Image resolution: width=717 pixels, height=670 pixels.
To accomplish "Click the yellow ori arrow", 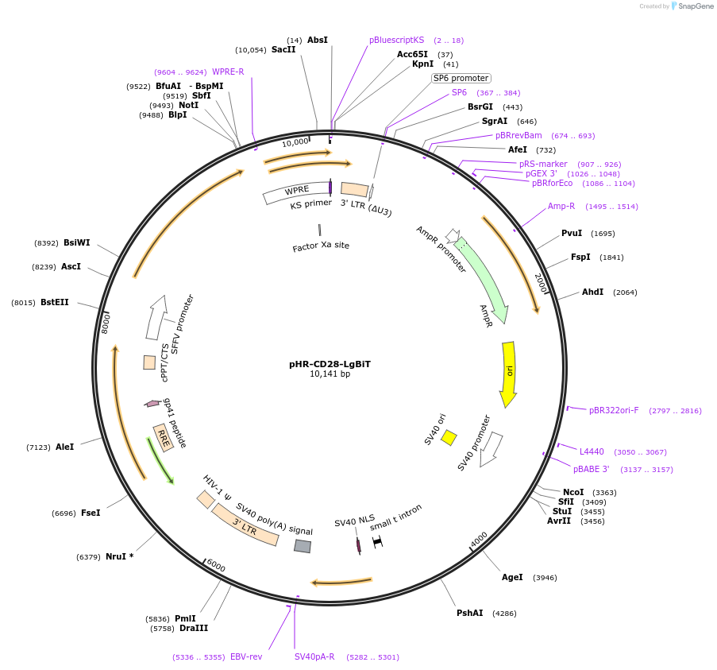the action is pyautogui.click(x=508, y=373).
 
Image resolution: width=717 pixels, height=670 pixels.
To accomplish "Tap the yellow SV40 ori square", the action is pyautogui.click(x=449, y=437).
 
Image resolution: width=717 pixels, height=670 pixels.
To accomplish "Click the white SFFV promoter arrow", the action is pyautogui.click(x=156, y=317).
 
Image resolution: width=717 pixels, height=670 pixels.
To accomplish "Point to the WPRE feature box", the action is pyautogui.click(x=296, y=192).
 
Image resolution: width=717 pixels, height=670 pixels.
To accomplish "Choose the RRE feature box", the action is pyautogui.click(x=164, y=437).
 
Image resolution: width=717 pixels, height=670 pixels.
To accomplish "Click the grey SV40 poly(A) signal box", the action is pyautogui.click(x=303, y=546).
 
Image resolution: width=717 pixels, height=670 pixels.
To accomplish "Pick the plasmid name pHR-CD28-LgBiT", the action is pyautogui.click(x=330, y=364).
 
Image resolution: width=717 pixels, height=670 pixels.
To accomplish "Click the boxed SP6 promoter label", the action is pyautogui.click(x=461, y=78).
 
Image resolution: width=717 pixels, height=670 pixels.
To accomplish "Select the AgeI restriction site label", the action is pyautogui.click(x=512, y=578).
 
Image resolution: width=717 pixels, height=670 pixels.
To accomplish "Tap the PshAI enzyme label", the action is pyautogui.click(x=469, y=614).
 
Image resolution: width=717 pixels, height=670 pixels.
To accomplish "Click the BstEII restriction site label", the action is pyautogui.click(x=55, y=303).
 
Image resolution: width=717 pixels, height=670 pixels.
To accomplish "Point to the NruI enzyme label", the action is pyautogui.click(x=116, y=557).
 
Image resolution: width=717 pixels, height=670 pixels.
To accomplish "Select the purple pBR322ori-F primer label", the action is pyautogui.click(x=614, y=411).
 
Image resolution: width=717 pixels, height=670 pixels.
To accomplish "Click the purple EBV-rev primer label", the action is pyautogui.click(x=246, y=657).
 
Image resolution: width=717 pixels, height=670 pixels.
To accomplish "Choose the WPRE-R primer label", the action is pyautogui.click(x=228, y=72).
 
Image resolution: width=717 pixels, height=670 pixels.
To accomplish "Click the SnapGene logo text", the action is pyautogui.click(x=695, y=6).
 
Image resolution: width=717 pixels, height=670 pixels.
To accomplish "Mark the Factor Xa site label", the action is pyautogui.click(x=321, y=246).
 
